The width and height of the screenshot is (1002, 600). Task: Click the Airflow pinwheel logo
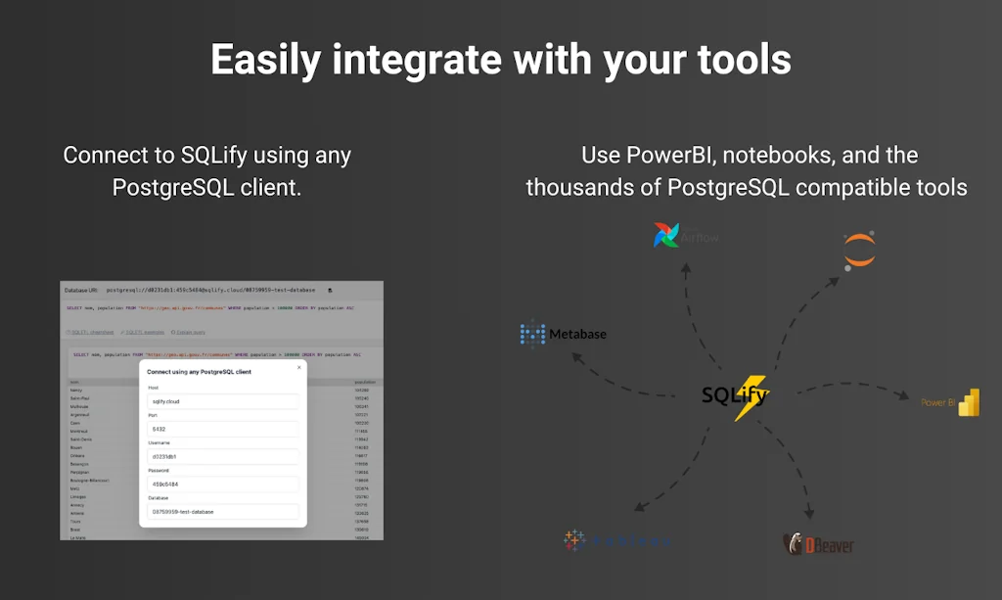[x=666, y=235]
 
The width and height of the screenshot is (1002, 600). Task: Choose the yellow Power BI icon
[x=968, y=402]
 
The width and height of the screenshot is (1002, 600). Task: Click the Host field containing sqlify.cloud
[x=222, y=401]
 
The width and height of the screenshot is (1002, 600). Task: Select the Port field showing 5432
[x=222, y=429]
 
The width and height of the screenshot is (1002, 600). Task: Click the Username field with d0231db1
[x=222, y=456]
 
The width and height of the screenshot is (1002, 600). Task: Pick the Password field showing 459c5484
[x=222, y=484]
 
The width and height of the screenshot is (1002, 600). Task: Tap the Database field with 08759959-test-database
[x=222, y=511]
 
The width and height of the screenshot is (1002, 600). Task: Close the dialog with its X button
[x=298, y=367]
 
